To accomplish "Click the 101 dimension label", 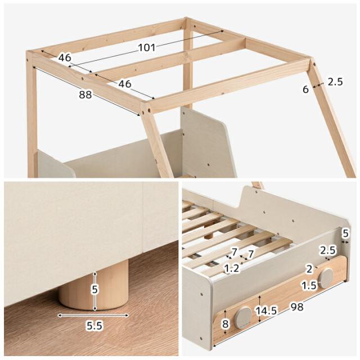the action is point(147,47).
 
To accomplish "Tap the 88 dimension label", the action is point(85,94).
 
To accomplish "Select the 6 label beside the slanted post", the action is point(305,89).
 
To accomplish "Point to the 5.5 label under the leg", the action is point(94,326).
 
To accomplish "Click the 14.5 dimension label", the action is point(266,310).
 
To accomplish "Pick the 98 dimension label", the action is point(297,307).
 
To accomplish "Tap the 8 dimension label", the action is point(225,324).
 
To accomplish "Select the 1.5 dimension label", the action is point(309,285).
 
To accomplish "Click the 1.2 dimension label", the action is point(231,268).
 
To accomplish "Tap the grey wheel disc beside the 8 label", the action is point(243,317).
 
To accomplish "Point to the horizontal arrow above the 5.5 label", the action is point(93,315).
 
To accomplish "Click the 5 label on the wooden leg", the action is point(95,290).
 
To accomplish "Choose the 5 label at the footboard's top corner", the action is point(345,233).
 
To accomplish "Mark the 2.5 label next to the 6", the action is point(335,82).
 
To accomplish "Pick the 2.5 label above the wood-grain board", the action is point(328,250).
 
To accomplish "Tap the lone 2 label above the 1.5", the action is point(309,269).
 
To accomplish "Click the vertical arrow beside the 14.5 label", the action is point(259,309).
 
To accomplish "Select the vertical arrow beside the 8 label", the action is point(226,322).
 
